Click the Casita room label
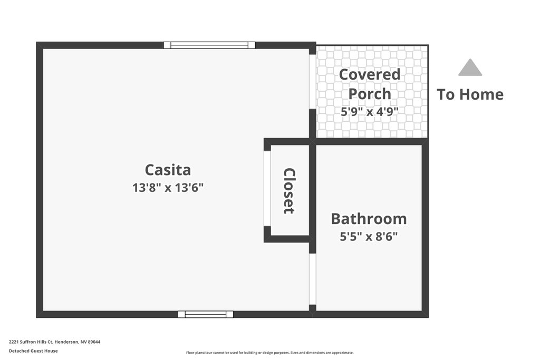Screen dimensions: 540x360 (x=168, y=170)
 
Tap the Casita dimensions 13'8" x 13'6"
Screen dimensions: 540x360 (x=168, y=188)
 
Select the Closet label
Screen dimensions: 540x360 (x=290, y=191)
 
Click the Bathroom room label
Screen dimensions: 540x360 (x=369, y=219)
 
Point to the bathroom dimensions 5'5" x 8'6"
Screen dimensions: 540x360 (x=369, y=237)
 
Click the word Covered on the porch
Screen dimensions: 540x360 (x=370, y=74)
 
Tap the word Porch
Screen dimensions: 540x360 (x=370, y=94)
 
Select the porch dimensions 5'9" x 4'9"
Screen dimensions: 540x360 (x=370, y=112)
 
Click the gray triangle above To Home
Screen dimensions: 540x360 (x=470, y=67)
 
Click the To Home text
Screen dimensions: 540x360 (x=470, y=94)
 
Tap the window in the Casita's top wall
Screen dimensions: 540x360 (x=209, y=45)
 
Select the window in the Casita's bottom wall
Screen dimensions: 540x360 (x=206, y=314)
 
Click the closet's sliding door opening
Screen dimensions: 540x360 (x=267, y=188)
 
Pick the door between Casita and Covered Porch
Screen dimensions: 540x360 (x=312, y=82)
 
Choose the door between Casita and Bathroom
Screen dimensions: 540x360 (x=312, y=279)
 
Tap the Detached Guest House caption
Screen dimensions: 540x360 (x=33, y=351)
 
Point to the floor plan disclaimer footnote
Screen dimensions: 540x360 (x=269, y=353)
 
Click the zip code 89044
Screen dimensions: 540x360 (x=94, y=342)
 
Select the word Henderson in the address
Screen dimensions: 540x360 (x=67, y=342)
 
